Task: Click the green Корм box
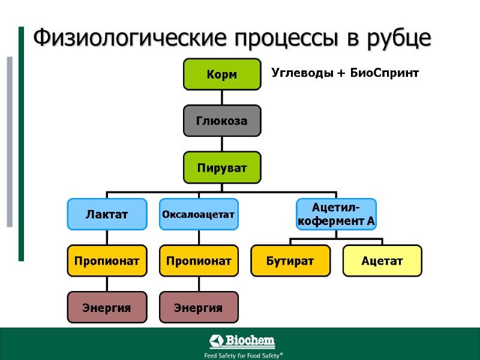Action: (x=222, y=74)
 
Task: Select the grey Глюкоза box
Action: (x=222, y=121)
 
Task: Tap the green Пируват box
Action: (x=222, y=167)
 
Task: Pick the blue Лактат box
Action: (x=107, y=214)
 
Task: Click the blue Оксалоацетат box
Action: (x=199, y=214)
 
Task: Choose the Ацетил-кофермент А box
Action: (x=336, y=214)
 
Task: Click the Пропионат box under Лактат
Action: (x=107, y=260)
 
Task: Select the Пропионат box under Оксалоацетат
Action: (x=199, y=260)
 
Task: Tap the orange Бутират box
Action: (x=290, y=260)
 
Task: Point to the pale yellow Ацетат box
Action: (x=382, y=260)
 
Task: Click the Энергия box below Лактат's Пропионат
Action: (x=107, y=307)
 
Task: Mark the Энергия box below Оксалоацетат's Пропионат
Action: (x=199, y=307)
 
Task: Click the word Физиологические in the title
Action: (x=130, y=38)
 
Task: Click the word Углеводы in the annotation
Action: (x=300, y=73)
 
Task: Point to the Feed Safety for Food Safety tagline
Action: (x=243, y=355)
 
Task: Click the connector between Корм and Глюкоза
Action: (x=222, y=98)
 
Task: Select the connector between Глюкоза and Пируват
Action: (x=222, y=144)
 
